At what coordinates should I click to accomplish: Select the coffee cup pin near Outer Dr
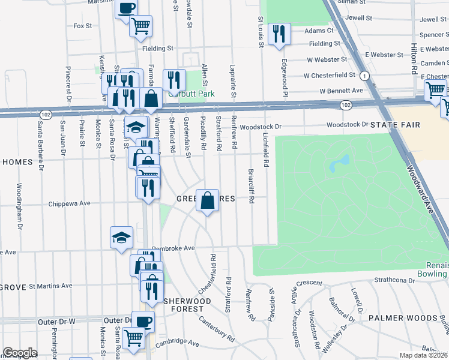point(143,321)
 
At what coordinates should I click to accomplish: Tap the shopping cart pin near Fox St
point(140,26)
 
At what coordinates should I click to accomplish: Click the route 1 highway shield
point(364,76)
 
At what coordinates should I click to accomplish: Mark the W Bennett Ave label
point(342,91)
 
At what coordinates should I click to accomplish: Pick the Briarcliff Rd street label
point(251,187)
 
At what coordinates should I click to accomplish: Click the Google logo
point(20,352)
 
